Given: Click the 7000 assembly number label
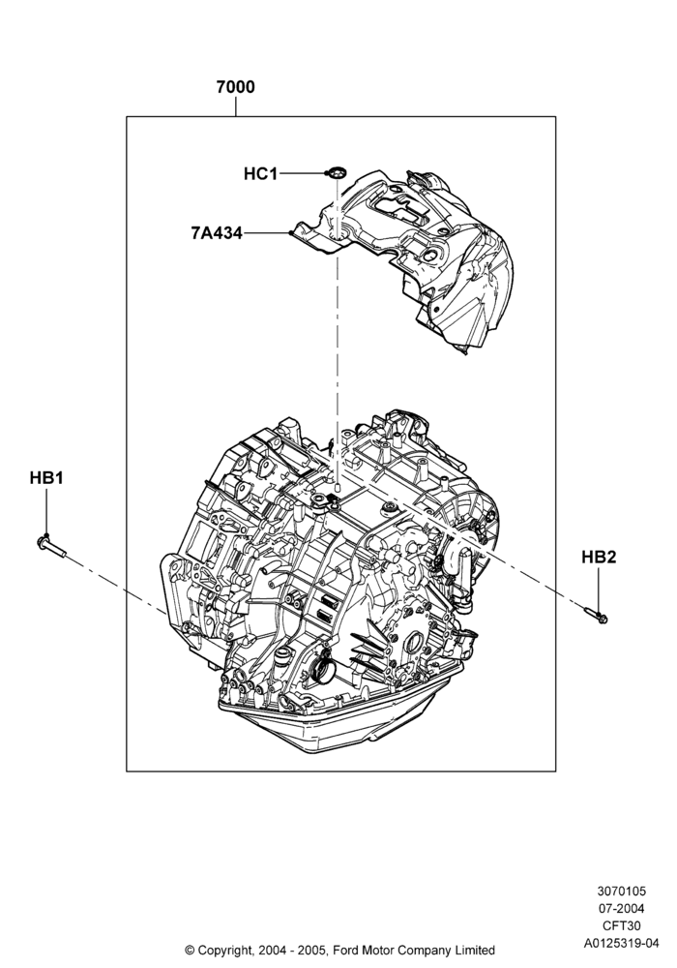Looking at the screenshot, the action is (235, 87).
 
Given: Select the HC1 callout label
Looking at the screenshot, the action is (260, 174).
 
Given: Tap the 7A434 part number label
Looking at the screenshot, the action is (217, 233).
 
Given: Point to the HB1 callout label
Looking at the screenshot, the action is (46, 478).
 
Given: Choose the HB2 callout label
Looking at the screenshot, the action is (599, 557).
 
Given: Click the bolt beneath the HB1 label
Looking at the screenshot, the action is (51, 546).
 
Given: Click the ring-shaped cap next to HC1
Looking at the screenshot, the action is (336, 173).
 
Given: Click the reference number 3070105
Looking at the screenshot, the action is (622, 892).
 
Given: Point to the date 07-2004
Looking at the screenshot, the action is (622, 909).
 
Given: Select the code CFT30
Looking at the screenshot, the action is (622, 926).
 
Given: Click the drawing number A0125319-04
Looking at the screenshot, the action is (622, 943).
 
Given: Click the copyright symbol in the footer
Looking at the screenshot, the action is (190, 951).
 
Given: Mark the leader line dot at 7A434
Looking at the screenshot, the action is (290, 232).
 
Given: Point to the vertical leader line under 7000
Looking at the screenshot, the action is (236, 106).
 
